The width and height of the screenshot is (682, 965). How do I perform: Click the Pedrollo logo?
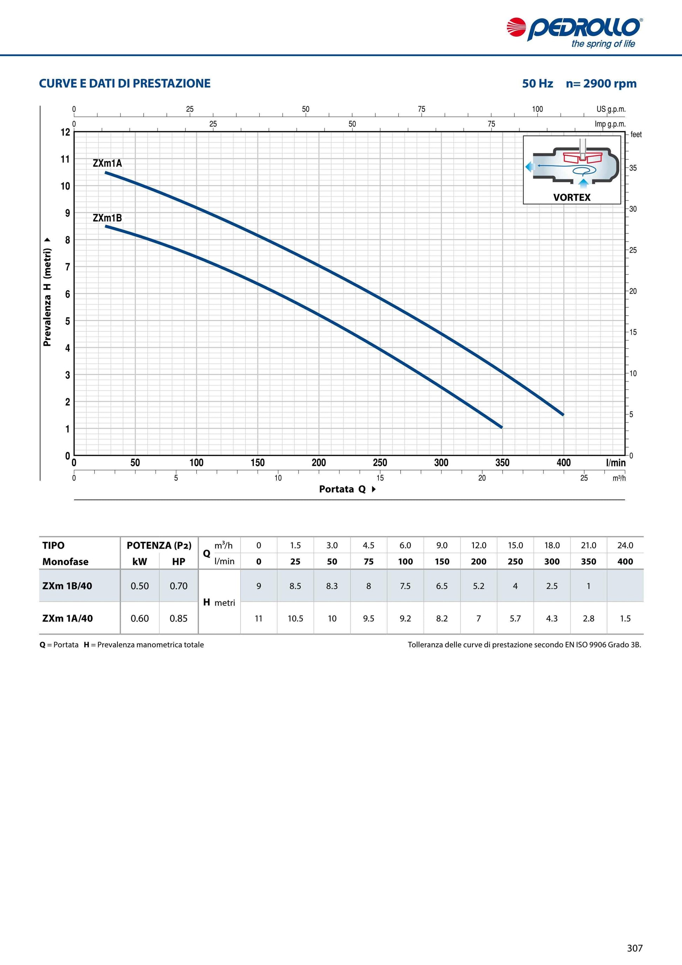point(574,32)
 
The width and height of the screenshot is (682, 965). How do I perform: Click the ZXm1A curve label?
point(107,163)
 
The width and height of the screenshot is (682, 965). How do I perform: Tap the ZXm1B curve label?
point(107,218)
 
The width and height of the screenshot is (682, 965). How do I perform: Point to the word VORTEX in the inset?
point(572,197)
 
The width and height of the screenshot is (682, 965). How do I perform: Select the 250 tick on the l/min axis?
point(380,463)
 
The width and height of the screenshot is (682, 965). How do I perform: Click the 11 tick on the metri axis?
point(65,159)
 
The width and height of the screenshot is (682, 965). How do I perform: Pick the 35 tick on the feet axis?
point(633,168)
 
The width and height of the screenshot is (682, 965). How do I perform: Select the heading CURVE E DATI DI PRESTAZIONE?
point(125,83)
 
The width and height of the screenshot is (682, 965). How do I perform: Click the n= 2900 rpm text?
point(601,83)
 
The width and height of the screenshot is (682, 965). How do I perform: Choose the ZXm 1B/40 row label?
point(67,585)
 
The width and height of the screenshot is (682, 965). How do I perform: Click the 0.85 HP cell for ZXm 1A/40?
point(179,618)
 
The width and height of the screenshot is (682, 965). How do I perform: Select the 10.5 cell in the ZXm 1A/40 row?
point(295,618)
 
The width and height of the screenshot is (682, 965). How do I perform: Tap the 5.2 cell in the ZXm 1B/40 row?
point(479,585)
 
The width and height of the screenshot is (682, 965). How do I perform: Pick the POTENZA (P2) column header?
point(159,545)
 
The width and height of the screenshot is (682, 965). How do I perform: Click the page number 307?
point(635,948)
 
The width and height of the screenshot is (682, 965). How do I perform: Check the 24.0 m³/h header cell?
point(625,545)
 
